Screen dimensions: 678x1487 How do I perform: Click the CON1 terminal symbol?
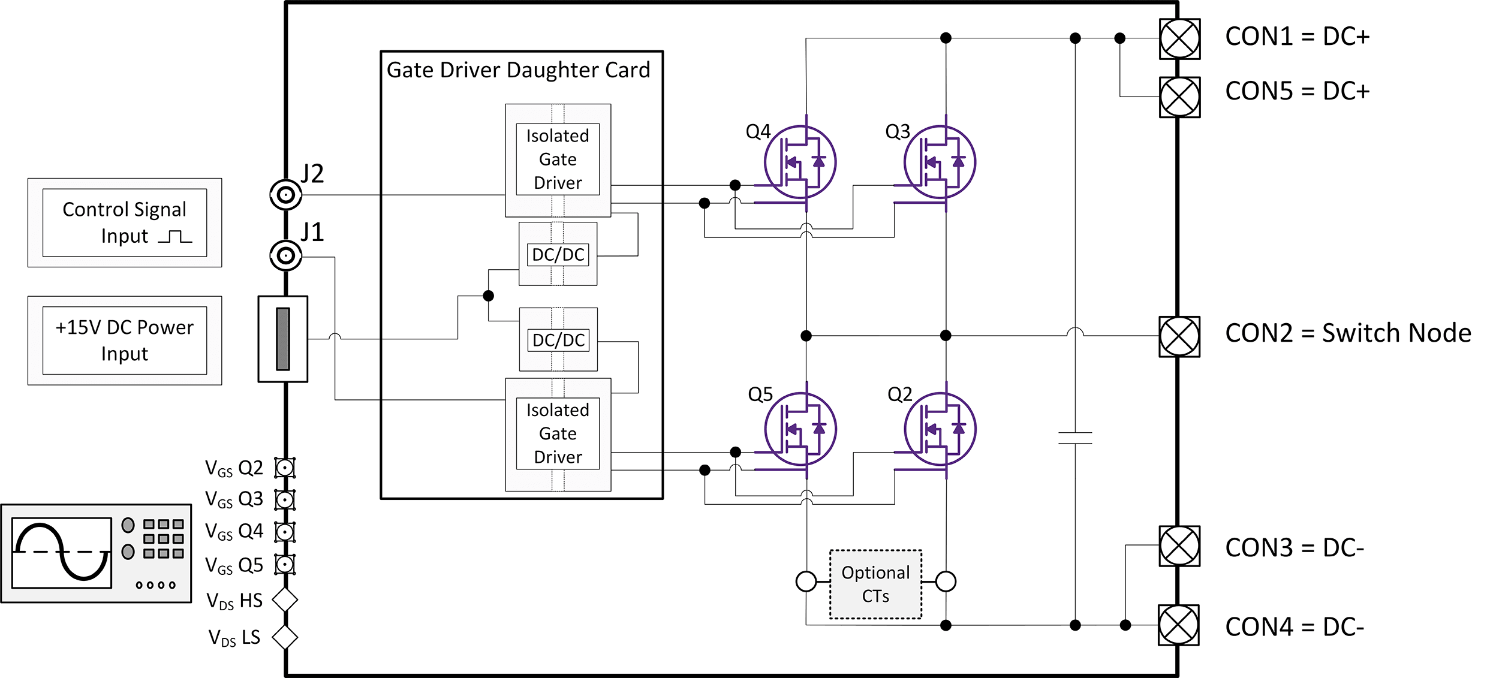tap(1179, 39)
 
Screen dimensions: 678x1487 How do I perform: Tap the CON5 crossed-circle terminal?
tap(1179, 97)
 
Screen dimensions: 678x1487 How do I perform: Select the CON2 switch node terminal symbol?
tap(1179, 336)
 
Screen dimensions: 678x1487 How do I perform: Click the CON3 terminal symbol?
tap(1179, 546)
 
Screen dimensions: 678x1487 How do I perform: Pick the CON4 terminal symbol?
tap(1179, 625)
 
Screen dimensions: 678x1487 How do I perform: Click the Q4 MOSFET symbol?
tap(800, 162)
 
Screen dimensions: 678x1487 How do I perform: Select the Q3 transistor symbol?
tap(940, 162)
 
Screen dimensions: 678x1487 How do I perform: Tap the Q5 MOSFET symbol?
tap(800, 429)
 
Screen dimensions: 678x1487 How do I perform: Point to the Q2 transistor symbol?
tap(940, 429)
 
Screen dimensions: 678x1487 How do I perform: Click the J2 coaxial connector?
tap(286, 195)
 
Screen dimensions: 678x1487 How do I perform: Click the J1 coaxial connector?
tap(286, 256)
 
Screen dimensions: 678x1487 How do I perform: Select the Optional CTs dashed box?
tap(875, 584)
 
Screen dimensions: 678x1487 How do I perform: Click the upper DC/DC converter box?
tap(558, 254)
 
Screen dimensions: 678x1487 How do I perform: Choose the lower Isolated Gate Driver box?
tap(558, 434)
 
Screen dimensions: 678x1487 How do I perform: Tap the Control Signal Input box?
tap(125, 222)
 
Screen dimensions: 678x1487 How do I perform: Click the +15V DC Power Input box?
tap(125, 340)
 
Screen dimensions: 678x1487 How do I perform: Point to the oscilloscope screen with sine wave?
tap(62, 553)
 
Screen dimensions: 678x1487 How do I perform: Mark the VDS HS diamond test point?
tap(285, 600)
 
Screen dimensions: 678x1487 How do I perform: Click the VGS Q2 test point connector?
tap(285, 468)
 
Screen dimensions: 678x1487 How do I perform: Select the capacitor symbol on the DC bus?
tap(1075, 438)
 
